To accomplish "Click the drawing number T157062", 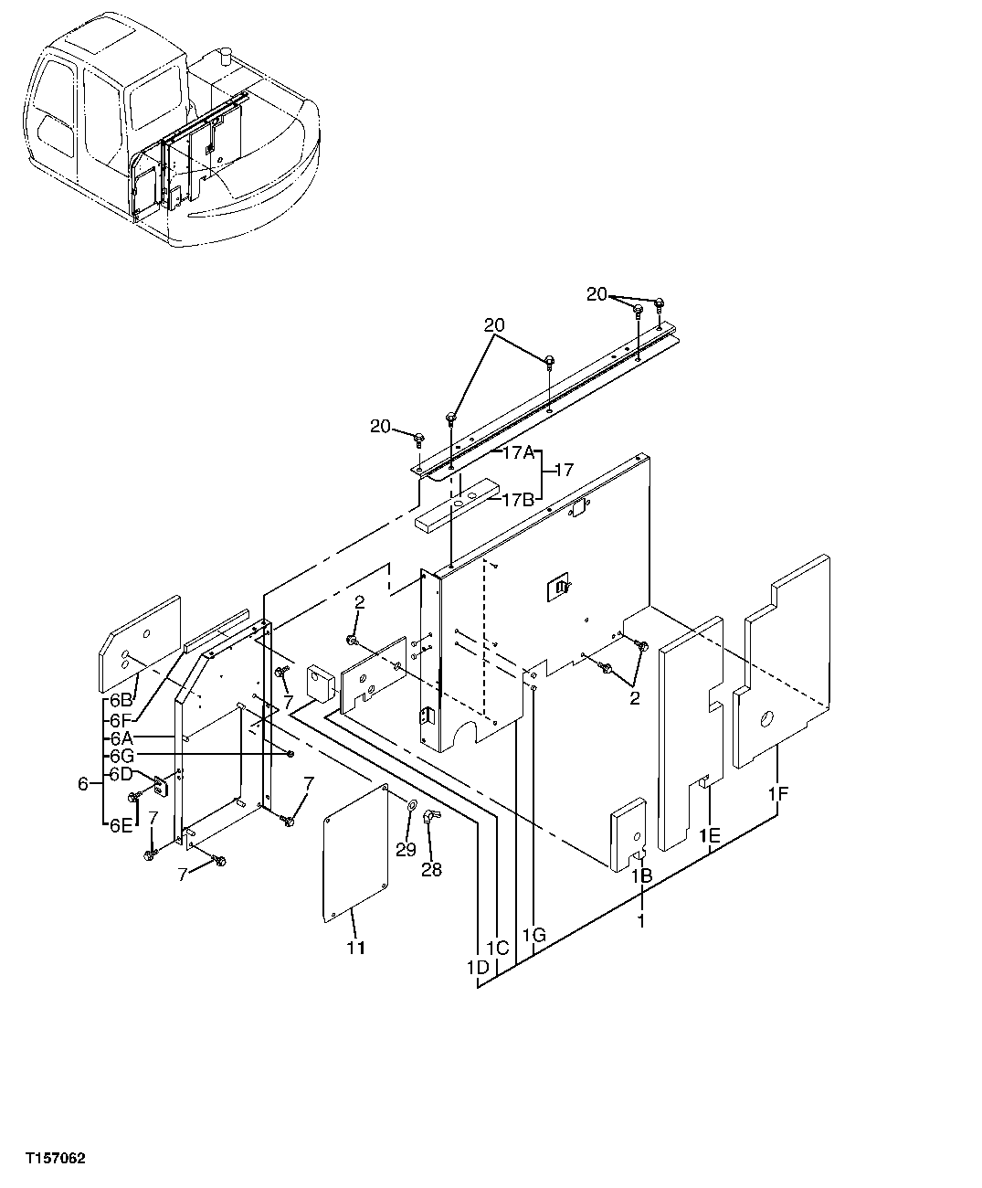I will [x=55, y=1159].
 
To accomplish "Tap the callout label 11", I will [x=355, y=948].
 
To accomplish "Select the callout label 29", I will [x=406, y=850].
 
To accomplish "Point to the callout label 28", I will [x=431, y=869].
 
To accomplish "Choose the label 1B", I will [x=641, y=875].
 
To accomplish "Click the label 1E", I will [x=710, y=835].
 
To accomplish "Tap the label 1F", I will [x=777, y=795].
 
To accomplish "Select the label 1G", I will [x=534, y=934].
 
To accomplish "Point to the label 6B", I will [x=121, y=700].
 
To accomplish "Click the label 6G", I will [x=121, y=756].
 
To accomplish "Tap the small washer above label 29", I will [x=409, y=805].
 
